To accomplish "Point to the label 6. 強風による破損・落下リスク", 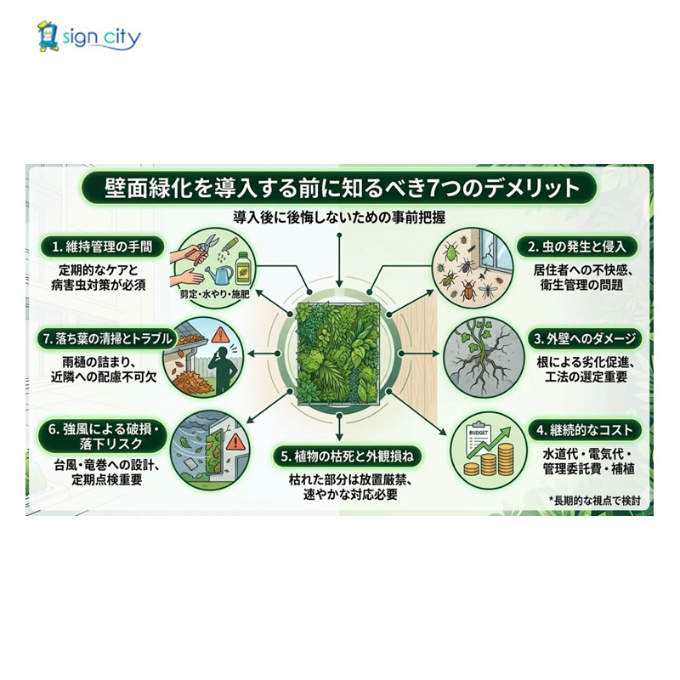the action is coord(101,437).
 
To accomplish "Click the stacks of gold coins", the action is coord(489,463).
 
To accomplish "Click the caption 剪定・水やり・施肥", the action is coord(209,293).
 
